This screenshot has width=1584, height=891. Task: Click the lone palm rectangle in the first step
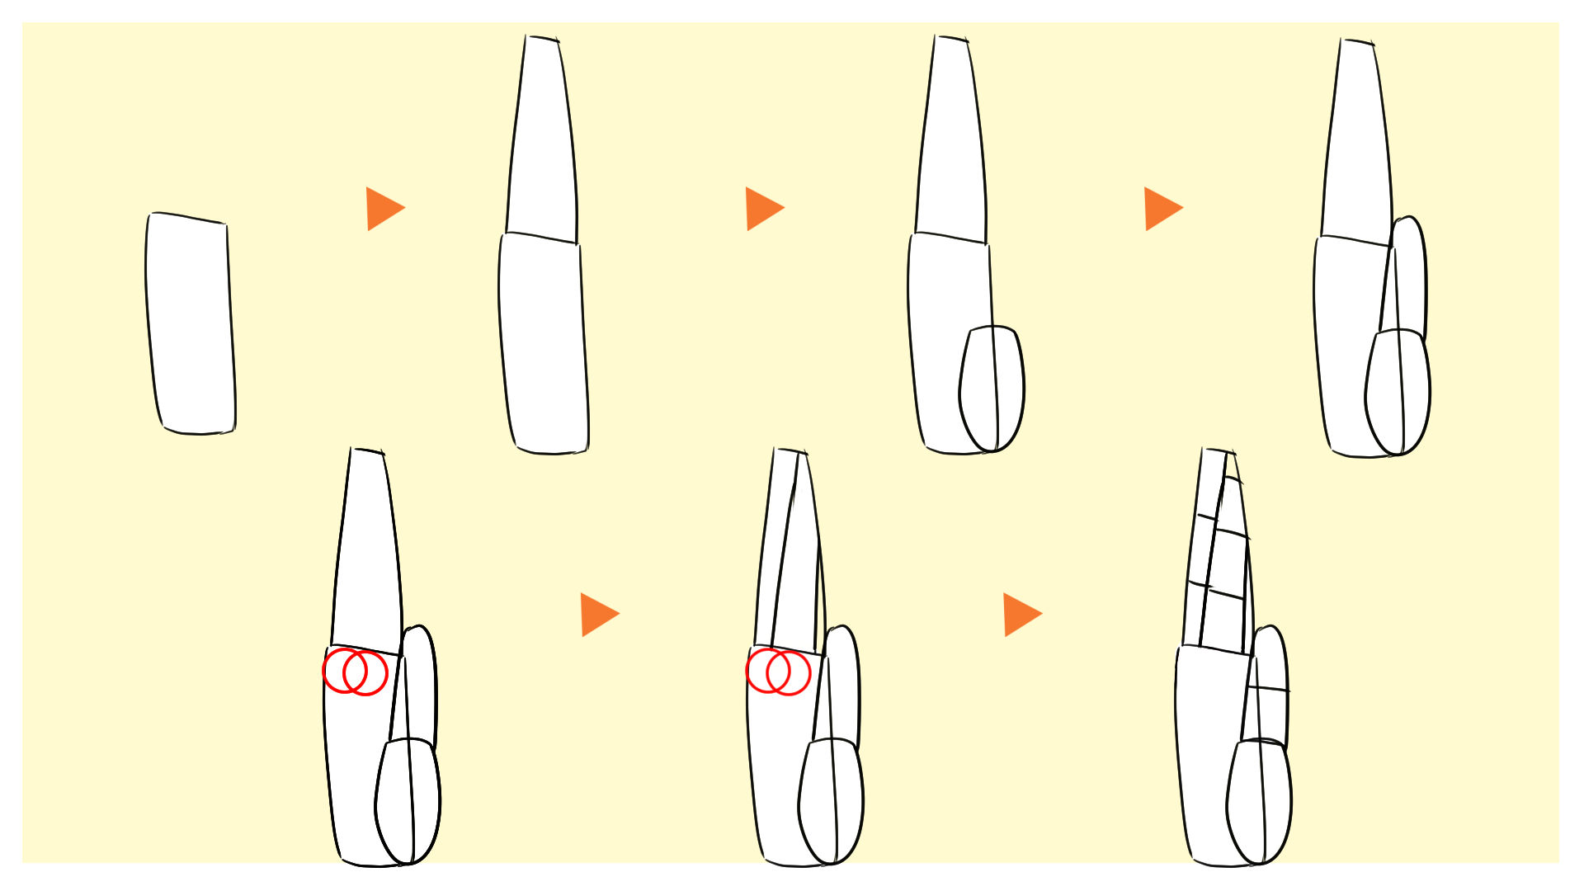[x=191, y=323]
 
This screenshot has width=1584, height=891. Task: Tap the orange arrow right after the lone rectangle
[x=384, y=208]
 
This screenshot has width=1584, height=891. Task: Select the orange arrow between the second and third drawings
[x=763, y=208]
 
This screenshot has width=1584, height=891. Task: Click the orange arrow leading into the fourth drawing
[x=1162, y=208]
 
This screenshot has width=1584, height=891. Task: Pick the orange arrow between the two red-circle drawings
[x=598, y=614]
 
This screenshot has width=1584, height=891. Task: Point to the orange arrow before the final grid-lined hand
[x=1021, y=614]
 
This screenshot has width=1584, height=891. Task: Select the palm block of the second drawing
[x=544, y=346]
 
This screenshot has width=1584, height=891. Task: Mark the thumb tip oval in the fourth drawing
[x=1398, y=393]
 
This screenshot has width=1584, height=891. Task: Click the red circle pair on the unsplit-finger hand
[x=355, y=672]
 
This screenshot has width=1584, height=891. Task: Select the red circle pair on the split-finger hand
[x=778, y=672]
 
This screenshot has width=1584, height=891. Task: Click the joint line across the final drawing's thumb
[x=1268, y=688]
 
